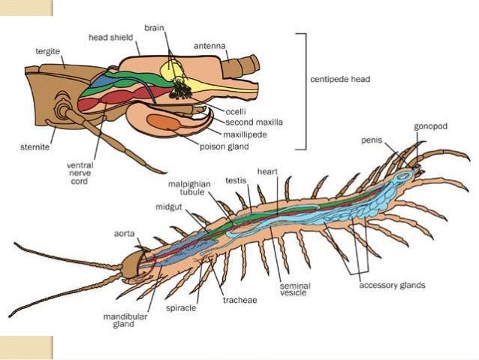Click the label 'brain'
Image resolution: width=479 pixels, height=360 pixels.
click(x=155, y=27)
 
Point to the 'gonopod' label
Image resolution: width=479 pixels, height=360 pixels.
click(x=430, y=126)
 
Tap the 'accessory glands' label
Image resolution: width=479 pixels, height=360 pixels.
click(x=392, y=286)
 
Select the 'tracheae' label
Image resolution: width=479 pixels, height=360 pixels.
click(x=239, y=300)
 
